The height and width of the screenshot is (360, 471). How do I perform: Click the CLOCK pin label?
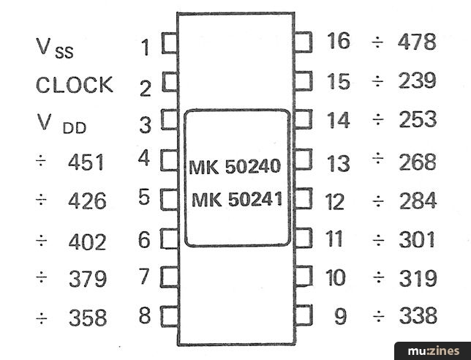[x=75, y=85]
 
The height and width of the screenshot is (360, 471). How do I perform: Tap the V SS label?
[x=55, y=48]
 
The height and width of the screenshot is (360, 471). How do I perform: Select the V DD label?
[x=61, y=124]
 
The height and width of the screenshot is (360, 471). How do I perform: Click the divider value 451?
[x=86, y=162]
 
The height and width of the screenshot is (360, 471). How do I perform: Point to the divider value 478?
[x=417, y=42]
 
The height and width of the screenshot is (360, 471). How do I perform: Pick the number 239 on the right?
[x=417, y=80]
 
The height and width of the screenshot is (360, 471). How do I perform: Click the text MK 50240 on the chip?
[x=235, y=167]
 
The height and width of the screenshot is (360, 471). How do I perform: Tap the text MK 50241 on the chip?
[x=237, y=199]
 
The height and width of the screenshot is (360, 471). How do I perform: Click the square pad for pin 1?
[x=170, y=43]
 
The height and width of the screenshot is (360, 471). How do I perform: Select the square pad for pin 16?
[x=303, y=42]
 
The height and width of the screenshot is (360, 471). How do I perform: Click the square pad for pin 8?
[x=170, y=316]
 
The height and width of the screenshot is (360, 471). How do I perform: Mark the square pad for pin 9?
[x=304, y=315]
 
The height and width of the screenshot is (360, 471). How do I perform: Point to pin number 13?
[x=339, y=164]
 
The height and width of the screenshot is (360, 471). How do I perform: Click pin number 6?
[x=144, y=240]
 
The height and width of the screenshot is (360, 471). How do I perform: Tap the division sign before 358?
[x=42, y=318]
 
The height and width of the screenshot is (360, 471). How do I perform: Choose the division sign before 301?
[x=379, y=241]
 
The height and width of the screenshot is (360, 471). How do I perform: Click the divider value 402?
[x=88, y=242]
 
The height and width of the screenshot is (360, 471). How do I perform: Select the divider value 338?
[x=418, y=315]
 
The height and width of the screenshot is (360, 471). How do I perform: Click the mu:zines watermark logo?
[x=434, y=351]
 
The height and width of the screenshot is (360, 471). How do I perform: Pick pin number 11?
[x=334, y=239]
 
